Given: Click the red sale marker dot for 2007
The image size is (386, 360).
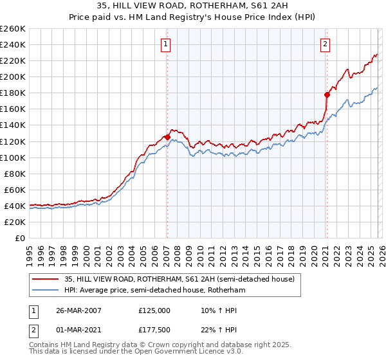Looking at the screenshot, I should [167, 137].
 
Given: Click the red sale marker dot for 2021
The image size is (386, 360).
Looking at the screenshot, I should [327, 94].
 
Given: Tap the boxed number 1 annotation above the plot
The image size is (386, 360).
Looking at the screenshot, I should [166, 44].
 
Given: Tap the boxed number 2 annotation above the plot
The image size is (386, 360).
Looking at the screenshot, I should [325, 44].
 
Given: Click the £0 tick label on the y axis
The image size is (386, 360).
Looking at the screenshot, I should [21, 238].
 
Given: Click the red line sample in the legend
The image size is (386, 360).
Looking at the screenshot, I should [46, 279].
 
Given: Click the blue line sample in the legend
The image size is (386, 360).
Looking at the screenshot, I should [46, 290].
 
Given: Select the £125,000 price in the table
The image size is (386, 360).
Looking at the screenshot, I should [154, 310].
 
